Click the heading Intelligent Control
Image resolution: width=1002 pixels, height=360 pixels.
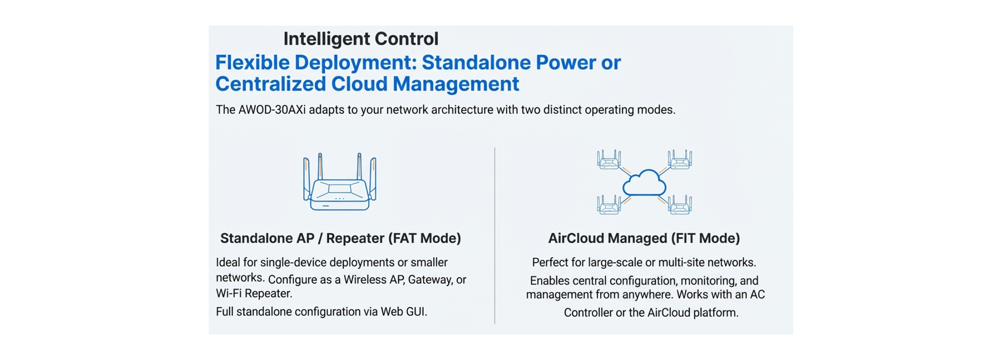click(361, 39)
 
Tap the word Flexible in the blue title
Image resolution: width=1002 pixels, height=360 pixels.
click(253, 63)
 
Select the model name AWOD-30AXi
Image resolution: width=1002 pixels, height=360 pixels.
click(272, 110)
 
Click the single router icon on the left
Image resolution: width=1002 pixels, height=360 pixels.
click(340, 182)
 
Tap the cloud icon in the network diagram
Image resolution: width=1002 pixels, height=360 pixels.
click(645, 183)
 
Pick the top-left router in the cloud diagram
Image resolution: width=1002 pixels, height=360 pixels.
click(609, 160)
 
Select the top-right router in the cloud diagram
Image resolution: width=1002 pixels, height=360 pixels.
click(680, 160)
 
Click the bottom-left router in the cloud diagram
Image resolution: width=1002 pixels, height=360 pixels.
click(609, 205)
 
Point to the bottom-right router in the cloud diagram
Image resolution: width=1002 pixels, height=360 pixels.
click(680, 205)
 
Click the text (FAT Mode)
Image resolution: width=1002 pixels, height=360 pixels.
click(424, 238)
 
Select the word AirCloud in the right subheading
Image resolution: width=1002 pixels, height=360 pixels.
click(576, 238)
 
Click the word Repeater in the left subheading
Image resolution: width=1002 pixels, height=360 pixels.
click(355, 238)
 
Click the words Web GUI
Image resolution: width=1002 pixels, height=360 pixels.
click(403, 312)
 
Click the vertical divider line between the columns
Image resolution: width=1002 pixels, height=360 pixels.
click(495, 235)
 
